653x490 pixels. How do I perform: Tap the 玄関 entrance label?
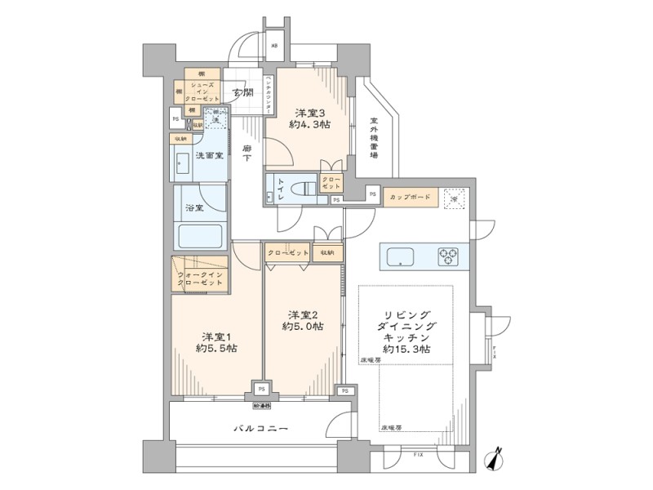pos(242,92)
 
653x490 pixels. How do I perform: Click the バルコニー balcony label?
pos(260,427)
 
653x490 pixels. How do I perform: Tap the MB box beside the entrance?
pos(274,47)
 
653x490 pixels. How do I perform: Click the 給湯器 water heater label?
pos(260,404)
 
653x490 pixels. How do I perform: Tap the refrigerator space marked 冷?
pos(455,198)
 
